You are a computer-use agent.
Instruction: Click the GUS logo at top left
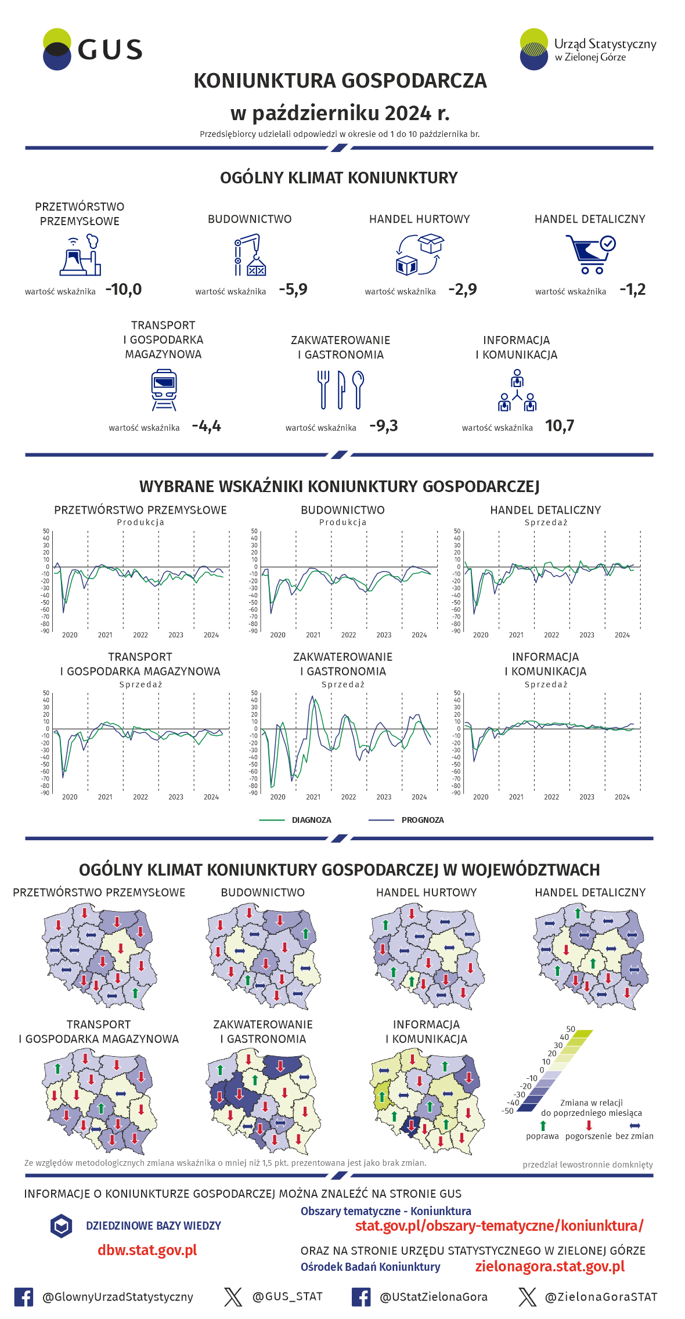(x=93, y=49)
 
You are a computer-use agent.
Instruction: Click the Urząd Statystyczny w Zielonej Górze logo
(x=587, y=49)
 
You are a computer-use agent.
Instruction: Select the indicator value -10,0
(x=124, y=289)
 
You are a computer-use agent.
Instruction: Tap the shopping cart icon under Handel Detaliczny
(x=590, y=254)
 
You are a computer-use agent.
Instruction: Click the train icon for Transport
(x=164, y=391)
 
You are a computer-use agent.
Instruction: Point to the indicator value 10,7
(x=560, y=426)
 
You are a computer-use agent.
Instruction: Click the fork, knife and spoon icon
(x=341, y=390)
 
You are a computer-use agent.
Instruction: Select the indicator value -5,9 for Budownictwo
(x=293, y=289)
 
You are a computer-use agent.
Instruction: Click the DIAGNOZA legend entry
(x=311, y=820)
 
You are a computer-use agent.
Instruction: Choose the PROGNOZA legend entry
(x=422, y=820)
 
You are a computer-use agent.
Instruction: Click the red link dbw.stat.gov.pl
(x=147, y=1250)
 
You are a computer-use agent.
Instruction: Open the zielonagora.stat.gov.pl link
(x=550, y=1266)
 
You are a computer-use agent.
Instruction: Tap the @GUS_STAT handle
(x=287, y=1296)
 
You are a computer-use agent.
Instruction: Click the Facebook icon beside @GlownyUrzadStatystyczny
(x=24, y=1297)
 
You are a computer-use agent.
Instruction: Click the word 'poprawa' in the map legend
(x=542, y=1136)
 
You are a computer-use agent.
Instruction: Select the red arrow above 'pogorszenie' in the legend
(x=589, y=1125)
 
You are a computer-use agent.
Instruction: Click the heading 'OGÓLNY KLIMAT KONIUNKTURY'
(x=339, y=178)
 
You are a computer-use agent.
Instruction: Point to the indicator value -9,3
(x=384, y=426)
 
